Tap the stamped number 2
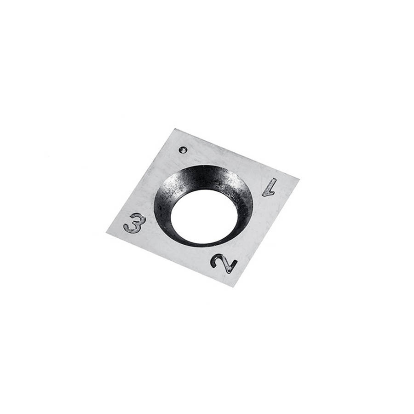pyautogui.click(x=224, y=263)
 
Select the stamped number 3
pyautogui.click(x=135, y=224)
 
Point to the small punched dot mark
pyautogui.click(x=183, y=150)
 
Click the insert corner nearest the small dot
pyautogui.click(x=175, y=129)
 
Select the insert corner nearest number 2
pyautogui.click(x=233, y=287)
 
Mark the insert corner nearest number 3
pyautogui.click(x=106, y=233)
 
